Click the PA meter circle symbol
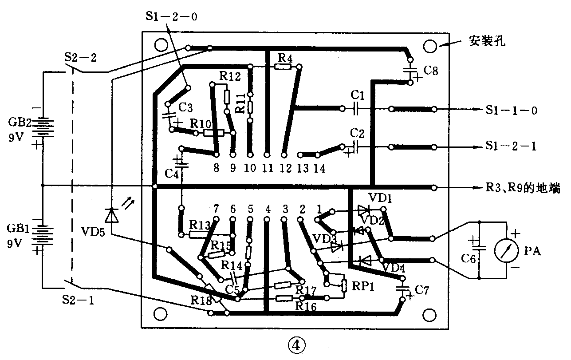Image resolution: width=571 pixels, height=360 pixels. [507, 250]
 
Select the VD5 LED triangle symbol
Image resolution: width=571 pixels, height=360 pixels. [112, 216]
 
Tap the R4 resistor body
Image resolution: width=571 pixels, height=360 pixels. [283, 67]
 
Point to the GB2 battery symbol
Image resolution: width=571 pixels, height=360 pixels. [43, 127]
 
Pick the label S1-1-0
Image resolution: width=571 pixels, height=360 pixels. [511, 110]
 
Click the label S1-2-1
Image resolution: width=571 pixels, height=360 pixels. [511, 146]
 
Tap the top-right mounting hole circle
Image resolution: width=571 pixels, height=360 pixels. [430, 47]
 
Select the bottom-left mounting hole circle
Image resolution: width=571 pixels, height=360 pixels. [161, 314]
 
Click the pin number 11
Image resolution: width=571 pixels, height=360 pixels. [268, 168]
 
